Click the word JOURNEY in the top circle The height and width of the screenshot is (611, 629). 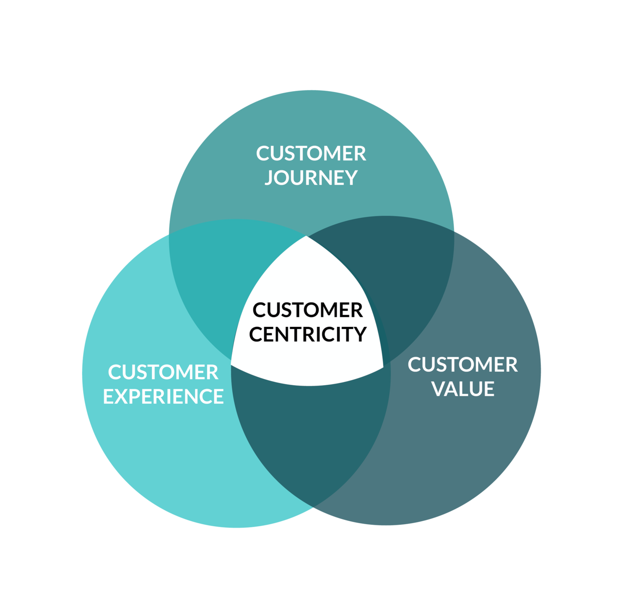tap(311, 178)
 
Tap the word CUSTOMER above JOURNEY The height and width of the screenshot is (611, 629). tap(311, 154)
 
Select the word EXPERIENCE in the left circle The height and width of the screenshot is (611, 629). tap(164, 397)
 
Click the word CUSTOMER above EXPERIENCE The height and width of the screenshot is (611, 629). tap(164, 372)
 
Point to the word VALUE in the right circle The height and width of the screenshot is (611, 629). tap(463, 389)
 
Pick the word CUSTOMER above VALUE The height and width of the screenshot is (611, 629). tap(463, 365)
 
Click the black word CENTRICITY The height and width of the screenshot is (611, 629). tap(308, 334)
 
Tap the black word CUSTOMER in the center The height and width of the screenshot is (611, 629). tap(308, 311)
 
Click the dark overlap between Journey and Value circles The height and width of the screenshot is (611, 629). tap(403, 285)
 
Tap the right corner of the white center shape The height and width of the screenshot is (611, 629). tap(382, 366)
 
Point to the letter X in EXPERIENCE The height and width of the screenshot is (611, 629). tap(125, 397)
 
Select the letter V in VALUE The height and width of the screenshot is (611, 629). tap(440, 389)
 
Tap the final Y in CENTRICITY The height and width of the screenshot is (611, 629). tap(359, 334)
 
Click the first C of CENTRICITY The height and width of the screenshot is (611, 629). tap(257, 334)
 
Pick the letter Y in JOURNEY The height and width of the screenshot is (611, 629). tap(350, 178)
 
